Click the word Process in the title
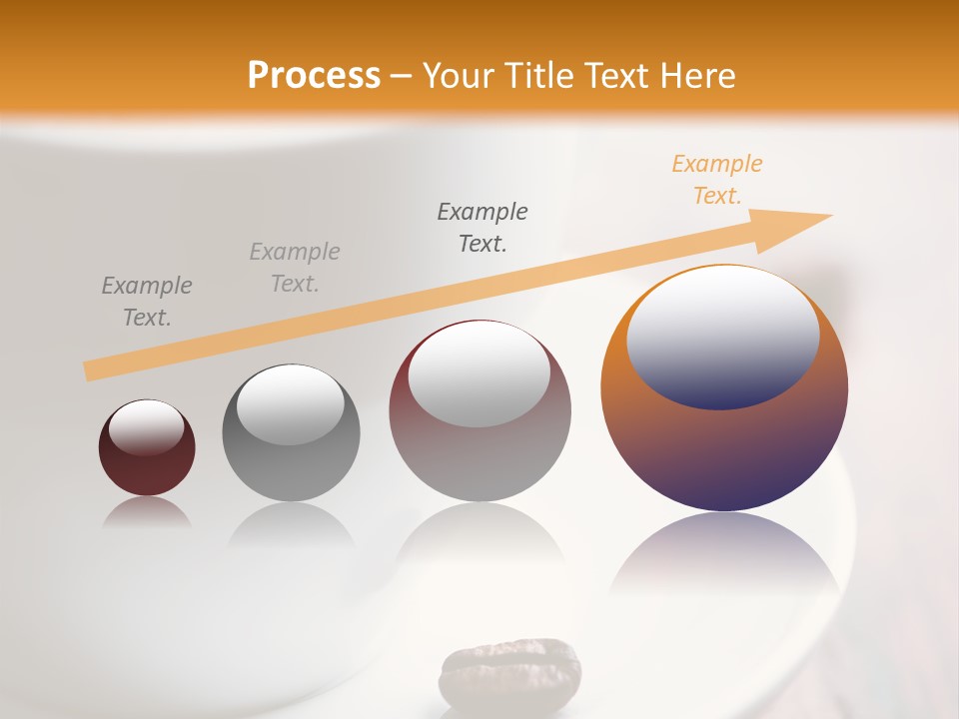tap(314, 76)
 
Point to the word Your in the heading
tap(457, 76)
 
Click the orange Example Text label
tap(717, 180)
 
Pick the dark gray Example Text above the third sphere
tap(482, 227)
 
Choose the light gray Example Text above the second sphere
tap(295, 268)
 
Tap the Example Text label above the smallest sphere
tap(147, 302)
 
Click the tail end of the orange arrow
tap(91, 370)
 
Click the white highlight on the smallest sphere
tap(147, 426)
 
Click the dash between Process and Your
tap(402, 76)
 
